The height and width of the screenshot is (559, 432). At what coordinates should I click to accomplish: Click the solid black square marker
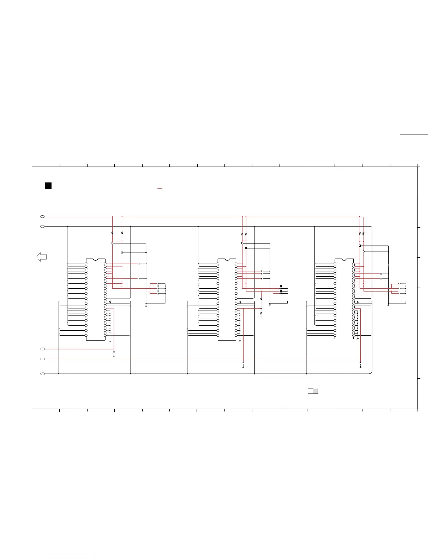pos(48,186)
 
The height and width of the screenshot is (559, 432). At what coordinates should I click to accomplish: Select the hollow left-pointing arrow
pos(42,257)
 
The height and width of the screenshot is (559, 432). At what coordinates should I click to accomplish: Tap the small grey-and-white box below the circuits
pos(313,391)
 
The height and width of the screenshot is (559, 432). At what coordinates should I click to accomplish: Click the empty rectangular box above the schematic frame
pos(414,133)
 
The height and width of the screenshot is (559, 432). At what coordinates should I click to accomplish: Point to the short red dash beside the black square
pos(160,189)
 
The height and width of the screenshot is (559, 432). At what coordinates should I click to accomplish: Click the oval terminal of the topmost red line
pos(42,216)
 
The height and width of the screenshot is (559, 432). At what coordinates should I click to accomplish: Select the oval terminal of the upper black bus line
pos(42,226)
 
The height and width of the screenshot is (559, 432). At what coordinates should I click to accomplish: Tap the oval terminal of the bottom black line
pos(42,373)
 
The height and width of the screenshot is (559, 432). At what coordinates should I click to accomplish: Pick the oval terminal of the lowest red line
pos(42,359)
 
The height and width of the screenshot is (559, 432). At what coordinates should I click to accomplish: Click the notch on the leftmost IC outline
pos(95,260)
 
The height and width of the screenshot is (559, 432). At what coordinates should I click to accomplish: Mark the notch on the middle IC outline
pos(227,260)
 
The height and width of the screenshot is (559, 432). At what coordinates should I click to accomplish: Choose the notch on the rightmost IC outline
pos(344,260)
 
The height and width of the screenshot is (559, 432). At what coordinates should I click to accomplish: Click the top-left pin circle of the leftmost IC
pos(86,264)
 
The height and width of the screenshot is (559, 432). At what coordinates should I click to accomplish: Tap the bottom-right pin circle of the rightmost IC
pos(353,335)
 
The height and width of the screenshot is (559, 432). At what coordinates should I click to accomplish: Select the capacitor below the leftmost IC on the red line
pos(114,352)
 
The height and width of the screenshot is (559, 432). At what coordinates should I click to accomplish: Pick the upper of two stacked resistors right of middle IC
pos(261,299)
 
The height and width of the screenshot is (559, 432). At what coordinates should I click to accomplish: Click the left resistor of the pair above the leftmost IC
pos(112,233)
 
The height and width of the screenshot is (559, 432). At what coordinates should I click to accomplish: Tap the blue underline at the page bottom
pos(70,556)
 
